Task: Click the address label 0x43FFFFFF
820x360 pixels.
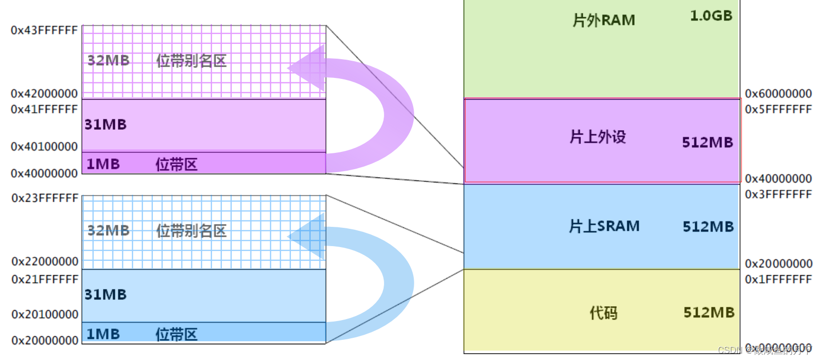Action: tap(44, 31)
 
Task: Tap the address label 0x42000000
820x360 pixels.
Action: tap(44, 94)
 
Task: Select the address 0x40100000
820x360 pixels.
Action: tap(44, 147)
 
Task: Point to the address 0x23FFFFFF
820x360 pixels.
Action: tap(44, 198)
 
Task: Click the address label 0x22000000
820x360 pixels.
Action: tap(44, 261)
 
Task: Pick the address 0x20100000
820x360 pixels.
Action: tap(44, 315)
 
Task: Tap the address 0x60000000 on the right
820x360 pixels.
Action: tap(778, 94)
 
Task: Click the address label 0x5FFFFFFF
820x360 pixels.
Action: tap(778, 109)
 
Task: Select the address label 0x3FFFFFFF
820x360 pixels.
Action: tap(778, 195)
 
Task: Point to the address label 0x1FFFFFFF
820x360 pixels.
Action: tap(778, 280)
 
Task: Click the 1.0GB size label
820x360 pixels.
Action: tap(711, 16)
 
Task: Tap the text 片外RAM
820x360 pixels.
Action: tap(604, 21)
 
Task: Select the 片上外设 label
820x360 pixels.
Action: tap(598, 137)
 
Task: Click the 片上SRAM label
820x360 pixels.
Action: tap(604, 226)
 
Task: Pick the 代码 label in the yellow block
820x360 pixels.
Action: tap(604, 313)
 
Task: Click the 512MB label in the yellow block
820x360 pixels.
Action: tap(709, 313)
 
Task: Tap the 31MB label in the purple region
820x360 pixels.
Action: tap(106, 125)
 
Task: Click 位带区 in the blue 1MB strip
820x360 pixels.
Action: tap(176, 334)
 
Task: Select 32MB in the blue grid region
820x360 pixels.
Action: tap(108, 231)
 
